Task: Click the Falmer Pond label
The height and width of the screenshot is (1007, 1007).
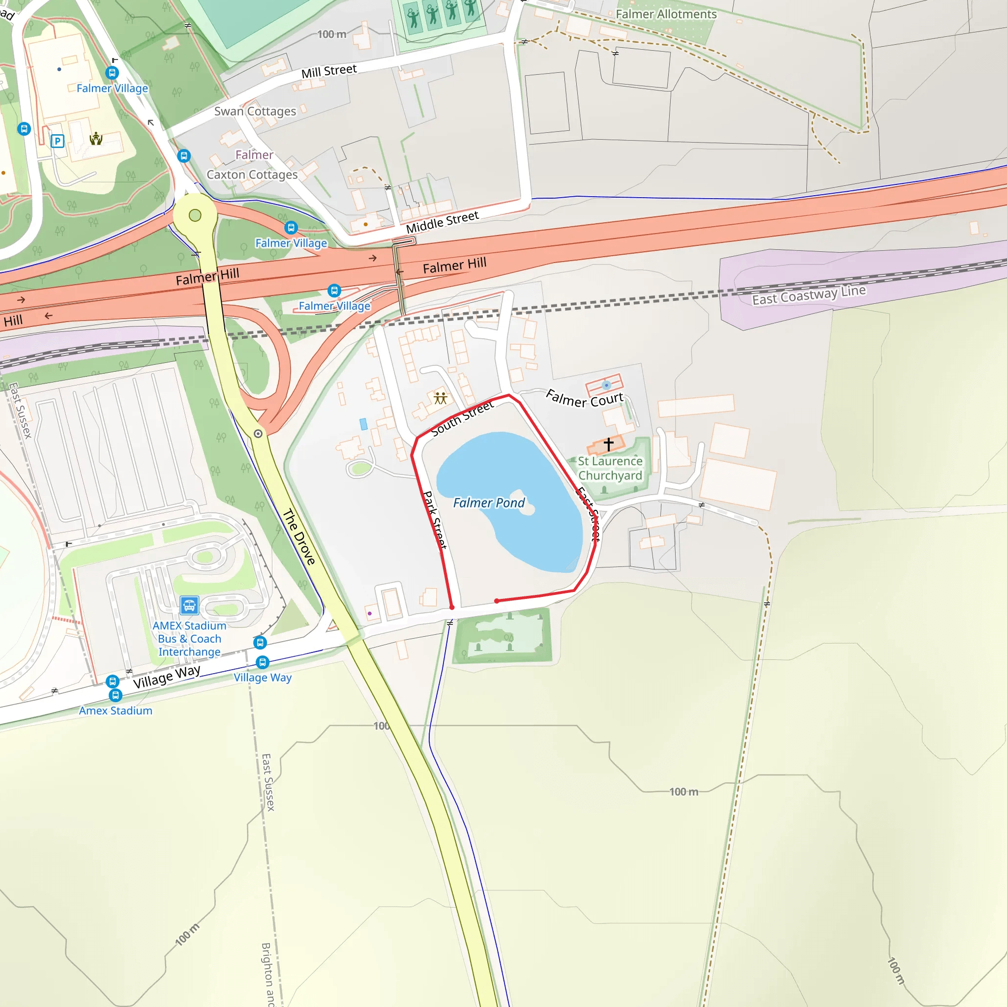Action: [x=488, y=503]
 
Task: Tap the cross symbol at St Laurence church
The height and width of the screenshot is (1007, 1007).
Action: [x=608, y=444]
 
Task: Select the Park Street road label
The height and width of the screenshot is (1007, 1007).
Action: [x=434, y=520]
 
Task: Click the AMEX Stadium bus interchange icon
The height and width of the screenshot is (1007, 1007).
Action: [x=189, y=605]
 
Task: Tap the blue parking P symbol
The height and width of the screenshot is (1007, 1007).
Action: [x=58, y=141]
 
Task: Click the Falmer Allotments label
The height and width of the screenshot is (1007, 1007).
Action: [x=666, y=14]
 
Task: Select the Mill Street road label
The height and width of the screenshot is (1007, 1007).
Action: [x=329, y=71]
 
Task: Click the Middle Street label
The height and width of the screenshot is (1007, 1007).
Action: [x=442, y=222]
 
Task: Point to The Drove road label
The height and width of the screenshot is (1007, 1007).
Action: [x=299, y=537]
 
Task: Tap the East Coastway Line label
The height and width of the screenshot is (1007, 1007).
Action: [x=808, y=295]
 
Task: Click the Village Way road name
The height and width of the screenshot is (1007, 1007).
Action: [x=166, y=677]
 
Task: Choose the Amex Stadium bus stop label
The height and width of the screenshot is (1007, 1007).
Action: [x=115, y=711]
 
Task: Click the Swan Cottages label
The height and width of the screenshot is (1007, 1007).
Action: [x=255, y=111]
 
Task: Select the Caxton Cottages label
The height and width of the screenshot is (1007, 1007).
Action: [x=252, y=175]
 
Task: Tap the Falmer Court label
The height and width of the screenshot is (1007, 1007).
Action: [x=584, y=399]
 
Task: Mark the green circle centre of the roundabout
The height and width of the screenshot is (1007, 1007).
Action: [x=195, y=215]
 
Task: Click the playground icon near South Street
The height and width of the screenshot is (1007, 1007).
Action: [x=441, y=398]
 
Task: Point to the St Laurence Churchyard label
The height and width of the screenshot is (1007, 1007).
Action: [x=610, y=468]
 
